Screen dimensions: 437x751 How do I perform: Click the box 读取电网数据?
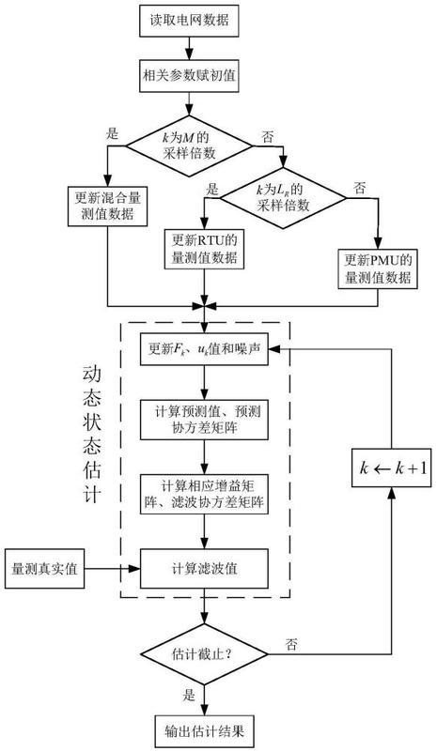[189, 21]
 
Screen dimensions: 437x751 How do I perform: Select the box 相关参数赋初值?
[189, 76]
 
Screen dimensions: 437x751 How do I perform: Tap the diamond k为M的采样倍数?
[189, 146]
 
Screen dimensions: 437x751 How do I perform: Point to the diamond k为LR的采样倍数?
[283, 198]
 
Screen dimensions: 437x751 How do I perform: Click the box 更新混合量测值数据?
[107, 206]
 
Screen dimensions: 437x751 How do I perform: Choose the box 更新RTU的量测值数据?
[205, 249]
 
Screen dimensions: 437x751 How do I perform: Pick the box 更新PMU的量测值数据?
[378, 268]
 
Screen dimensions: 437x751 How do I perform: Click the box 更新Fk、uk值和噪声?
[204, 348]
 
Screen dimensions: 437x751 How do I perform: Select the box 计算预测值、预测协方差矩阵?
[204, 420]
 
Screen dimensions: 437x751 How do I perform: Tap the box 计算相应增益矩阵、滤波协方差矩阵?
[204, 495]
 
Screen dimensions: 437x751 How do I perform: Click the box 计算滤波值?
[204, 569]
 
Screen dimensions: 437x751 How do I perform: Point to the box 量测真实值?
[44, 569]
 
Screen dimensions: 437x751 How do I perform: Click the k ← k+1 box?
[392, 467]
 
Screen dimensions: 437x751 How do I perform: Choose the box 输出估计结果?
[204, 731]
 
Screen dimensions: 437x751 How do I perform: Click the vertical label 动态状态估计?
[91, 435]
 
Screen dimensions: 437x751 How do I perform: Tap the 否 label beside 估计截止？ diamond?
[291, 644]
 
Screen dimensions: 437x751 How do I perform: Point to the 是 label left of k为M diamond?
[112, 132]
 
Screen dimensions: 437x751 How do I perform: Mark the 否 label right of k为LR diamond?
[360, 188]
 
